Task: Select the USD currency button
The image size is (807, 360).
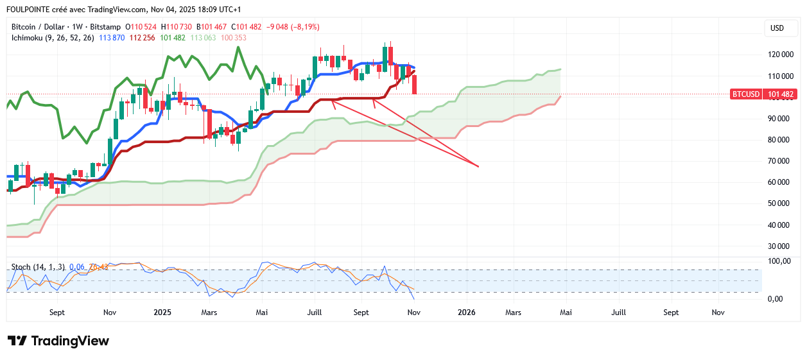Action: (777, 28)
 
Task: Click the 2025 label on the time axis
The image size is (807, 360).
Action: (162, 313)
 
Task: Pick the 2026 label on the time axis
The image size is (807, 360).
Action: (466, 313)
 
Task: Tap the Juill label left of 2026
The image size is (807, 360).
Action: (315, 313)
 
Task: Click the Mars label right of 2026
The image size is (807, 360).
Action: (513, 313)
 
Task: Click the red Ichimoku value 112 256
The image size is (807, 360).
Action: (144, 38)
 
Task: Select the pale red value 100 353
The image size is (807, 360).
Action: (233, 38)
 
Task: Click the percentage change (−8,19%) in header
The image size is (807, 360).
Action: (304, 27)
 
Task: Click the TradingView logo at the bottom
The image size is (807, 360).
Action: (58, 341)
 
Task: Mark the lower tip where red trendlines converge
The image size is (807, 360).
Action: (478, 166)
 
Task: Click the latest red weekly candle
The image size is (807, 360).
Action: (415, 85)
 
